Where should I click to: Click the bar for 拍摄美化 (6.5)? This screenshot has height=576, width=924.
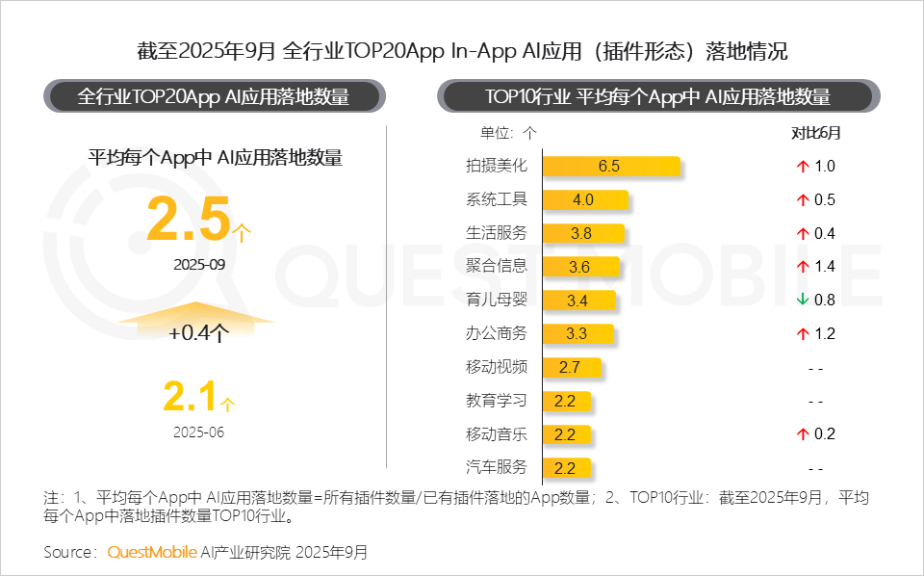click(611, 166)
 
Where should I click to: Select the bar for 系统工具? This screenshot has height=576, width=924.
click(584, 199)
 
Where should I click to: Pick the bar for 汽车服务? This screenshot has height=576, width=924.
click(566, 468)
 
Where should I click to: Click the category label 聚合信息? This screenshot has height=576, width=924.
click(497, 267)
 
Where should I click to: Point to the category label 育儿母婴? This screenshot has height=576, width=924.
click(497, 301)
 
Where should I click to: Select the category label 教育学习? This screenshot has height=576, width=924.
click(497, 401)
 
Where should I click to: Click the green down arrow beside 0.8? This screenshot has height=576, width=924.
click(802, 301)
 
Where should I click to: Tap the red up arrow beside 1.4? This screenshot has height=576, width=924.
click(802, 267)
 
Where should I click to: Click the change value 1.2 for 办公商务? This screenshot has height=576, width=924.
click(825, 334)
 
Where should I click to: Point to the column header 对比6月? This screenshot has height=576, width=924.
click(815, 133)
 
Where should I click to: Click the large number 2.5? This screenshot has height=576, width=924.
click(189, 218)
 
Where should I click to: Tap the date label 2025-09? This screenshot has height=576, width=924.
click(198, 263)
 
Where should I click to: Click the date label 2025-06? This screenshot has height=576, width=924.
click(198, 432)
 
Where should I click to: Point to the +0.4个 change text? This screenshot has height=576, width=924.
click(198, 334)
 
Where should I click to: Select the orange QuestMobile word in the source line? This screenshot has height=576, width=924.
click(151, 552)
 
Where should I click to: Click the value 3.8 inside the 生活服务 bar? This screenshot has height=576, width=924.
click(581, 233)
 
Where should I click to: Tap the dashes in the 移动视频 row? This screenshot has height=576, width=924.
click(815, 368)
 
